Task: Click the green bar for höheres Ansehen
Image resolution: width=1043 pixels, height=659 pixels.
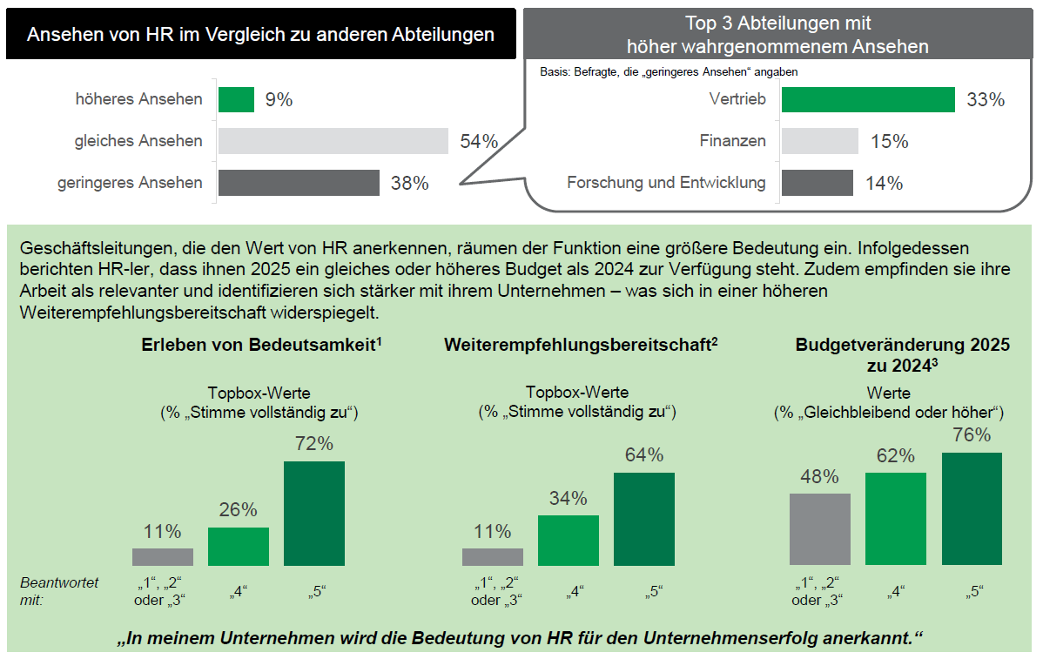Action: [236, 99]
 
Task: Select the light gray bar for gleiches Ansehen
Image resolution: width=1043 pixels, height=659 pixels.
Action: [333, 141]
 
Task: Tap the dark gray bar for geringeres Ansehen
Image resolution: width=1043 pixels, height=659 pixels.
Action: [299, 183]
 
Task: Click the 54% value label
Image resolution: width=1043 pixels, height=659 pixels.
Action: [479, 142]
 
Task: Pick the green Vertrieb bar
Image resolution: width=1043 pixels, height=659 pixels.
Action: [868, 99]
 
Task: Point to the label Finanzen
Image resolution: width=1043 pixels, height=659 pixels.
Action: [732, 141]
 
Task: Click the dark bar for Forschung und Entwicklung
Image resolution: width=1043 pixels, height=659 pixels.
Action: [817, 183]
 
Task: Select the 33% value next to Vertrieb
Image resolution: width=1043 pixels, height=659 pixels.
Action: [986, 100]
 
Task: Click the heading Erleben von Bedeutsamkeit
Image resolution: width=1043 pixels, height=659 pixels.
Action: [262, 345]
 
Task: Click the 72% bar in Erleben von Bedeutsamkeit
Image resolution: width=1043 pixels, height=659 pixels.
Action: [314, 513]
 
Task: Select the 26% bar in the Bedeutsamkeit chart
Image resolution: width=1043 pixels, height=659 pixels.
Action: [239, 546]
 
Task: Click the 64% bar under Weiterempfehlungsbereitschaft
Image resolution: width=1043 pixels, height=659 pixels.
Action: [644, 519]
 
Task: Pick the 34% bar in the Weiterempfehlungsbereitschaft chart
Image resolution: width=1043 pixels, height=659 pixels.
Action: [569, 540]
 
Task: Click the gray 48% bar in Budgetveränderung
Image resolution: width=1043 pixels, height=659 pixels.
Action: [820, 529]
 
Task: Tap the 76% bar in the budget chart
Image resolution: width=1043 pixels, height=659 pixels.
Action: [972, 508]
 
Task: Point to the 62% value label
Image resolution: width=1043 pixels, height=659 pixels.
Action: [895, 456]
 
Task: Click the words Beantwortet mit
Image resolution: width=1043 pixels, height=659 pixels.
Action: [59, 590]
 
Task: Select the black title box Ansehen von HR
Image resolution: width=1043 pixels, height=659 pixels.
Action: [261, 35]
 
